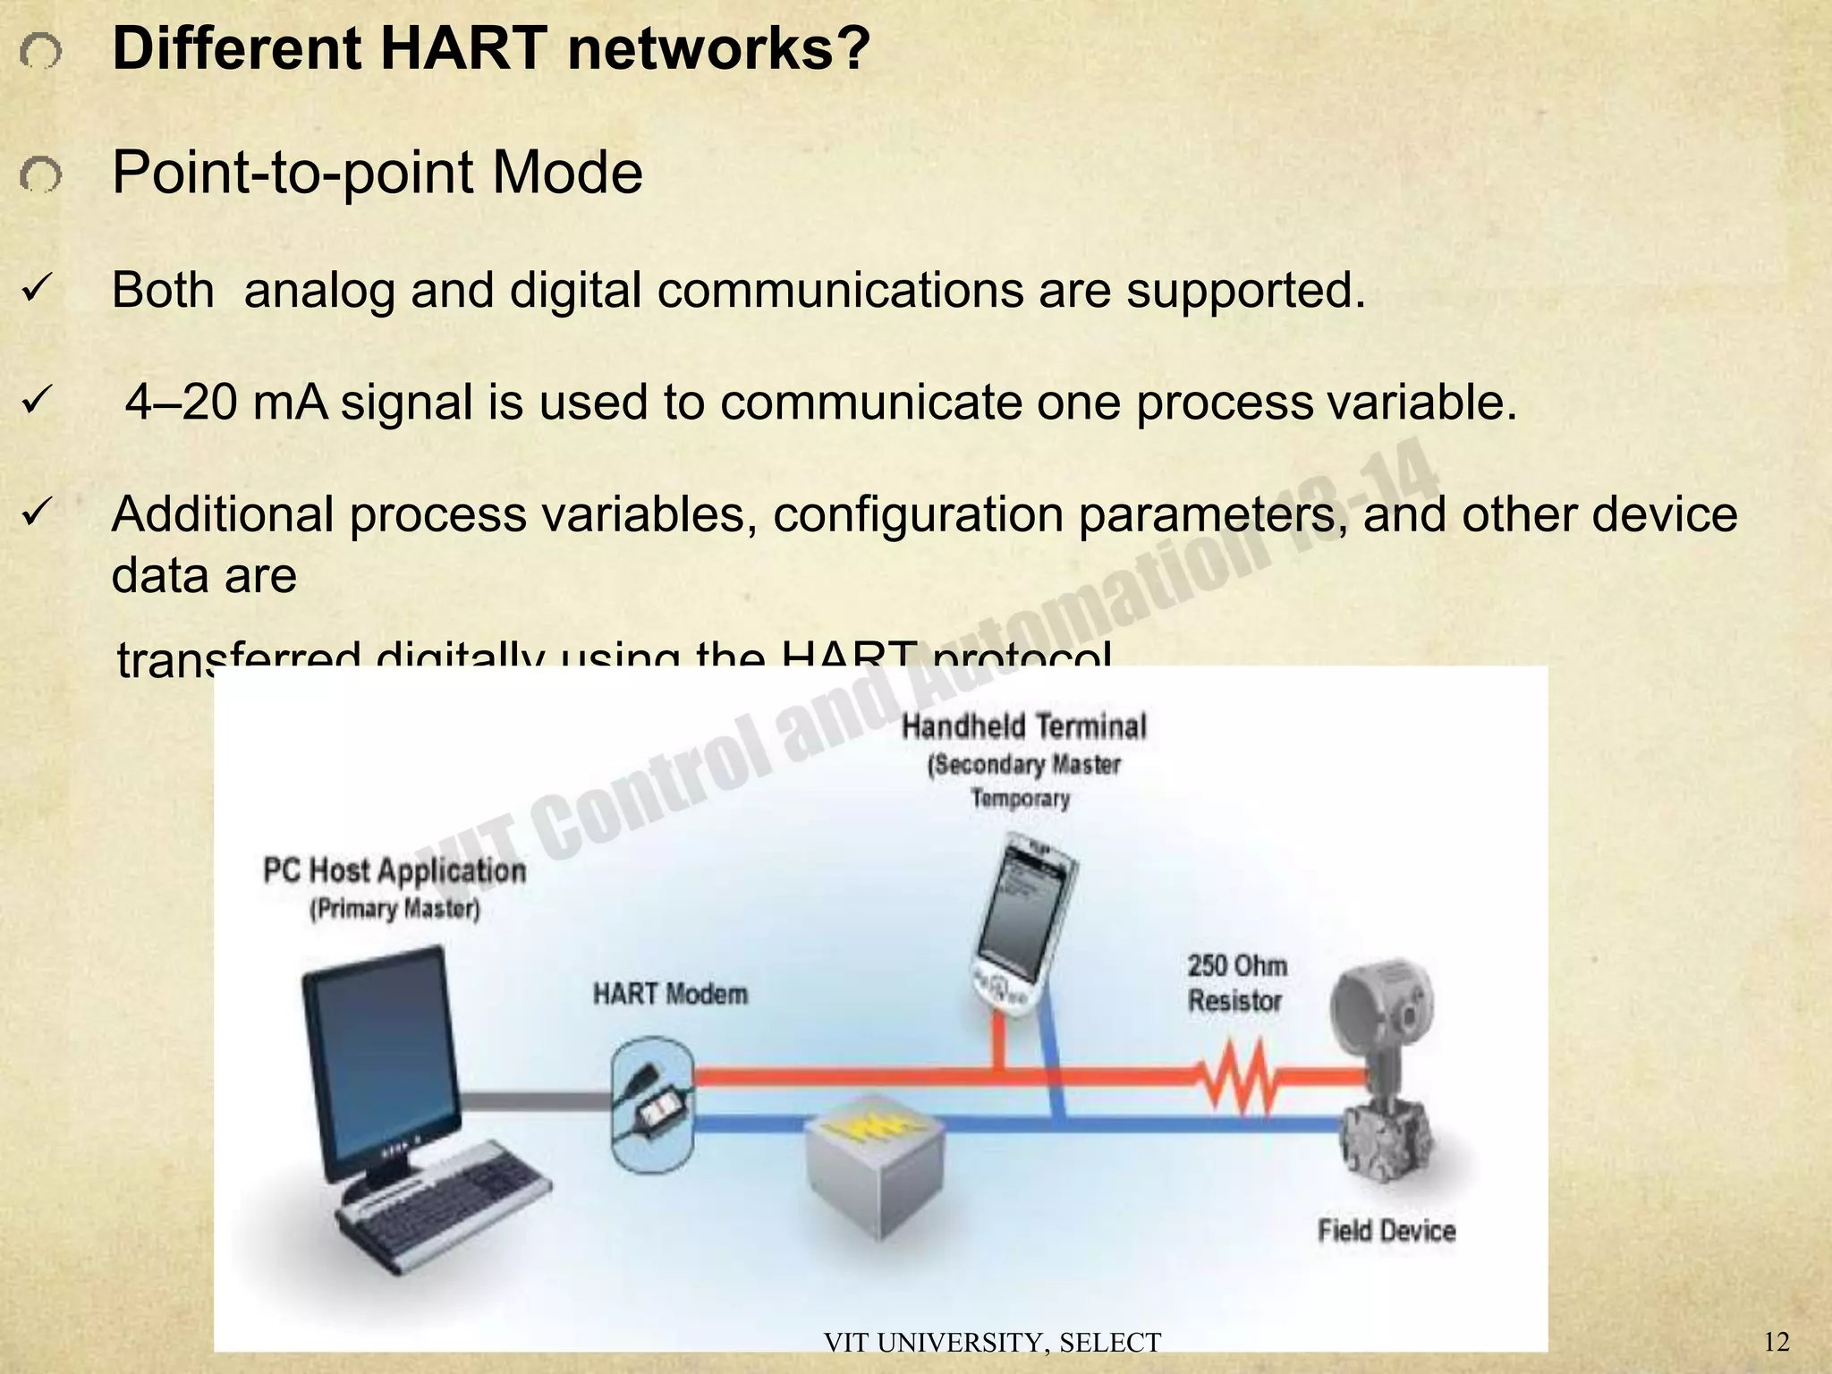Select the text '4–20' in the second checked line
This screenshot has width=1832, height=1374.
pyautogui.click(x=182, y=402)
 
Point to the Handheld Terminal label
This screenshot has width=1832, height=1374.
pyautogui.click(x=1023, y=726)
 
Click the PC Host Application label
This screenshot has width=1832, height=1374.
pyautogui.click(x=394, y=870)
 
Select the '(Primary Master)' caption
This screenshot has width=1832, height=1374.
pyautogui.click(x=394, y=910)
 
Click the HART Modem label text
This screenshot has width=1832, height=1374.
pyautogui.click(x=670, y=994)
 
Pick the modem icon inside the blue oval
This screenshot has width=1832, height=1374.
pyautogui.click(x=653, y=1104)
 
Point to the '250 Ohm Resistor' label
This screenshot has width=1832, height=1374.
pyautogui.click(x=1236, y=983)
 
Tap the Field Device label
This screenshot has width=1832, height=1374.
pyautogui.click(x=1387, y=1231)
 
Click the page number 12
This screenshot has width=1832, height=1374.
pyautogui.click(x=1777, y=1342)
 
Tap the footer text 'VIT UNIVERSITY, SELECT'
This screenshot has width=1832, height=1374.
pyautogui.click(x=991, y=1343)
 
